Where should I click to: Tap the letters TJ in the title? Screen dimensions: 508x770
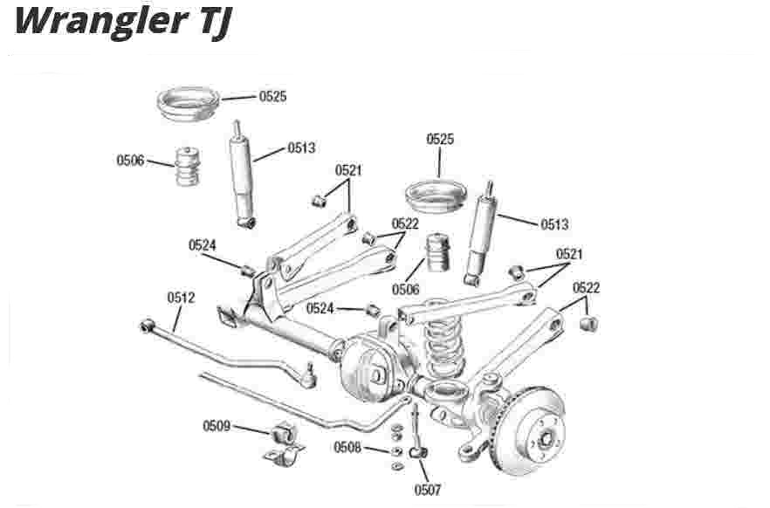[x=207, y=22]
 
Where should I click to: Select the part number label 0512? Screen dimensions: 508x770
[x=181, y=298]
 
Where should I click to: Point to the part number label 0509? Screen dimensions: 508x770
[x=217, y=426]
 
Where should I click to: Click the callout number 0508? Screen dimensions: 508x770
[x=347, y=447]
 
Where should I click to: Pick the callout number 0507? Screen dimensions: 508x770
[x=428, y=490]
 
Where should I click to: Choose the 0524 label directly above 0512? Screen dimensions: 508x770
[x=203, y=245]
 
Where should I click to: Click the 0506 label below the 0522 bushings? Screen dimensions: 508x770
[x=406, y=289]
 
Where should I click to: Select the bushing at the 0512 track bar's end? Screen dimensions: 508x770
[x=148, y=326]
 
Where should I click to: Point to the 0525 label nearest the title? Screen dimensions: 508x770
[x=272, y=96]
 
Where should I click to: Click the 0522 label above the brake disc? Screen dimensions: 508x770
[x=586, y=288]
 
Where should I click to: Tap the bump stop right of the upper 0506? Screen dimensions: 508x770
[x=188, y=165]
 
